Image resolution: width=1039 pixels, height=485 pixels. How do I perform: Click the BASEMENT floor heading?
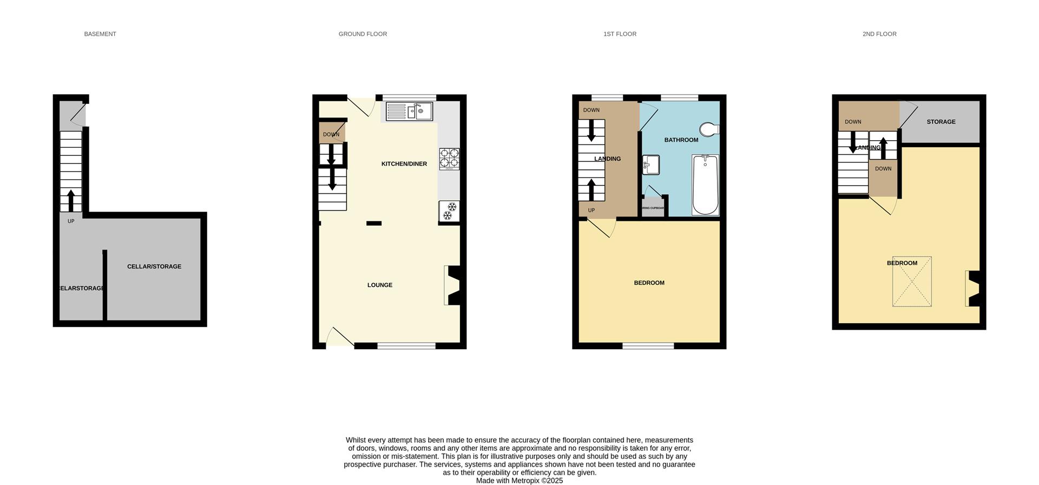coord(100,34)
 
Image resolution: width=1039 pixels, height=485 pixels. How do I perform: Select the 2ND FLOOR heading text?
coord(879,34)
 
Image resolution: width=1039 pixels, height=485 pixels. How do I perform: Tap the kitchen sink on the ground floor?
coord(410,112)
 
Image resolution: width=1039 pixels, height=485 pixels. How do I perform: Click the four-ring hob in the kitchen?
coord(449,159)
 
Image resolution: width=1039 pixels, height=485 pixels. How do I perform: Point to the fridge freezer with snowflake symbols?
coord(449,211)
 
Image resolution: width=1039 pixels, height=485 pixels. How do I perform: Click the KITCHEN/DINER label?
coord(404,164)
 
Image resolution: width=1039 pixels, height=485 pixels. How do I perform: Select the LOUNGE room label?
coord(380,285)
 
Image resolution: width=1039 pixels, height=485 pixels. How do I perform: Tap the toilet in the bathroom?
coord(709,129)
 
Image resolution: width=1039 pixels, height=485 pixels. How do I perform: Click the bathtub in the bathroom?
coord(705,185)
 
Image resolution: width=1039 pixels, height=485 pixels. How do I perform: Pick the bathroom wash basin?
coord(651,165)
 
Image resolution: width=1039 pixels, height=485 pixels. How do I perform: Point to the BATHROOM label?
coord(681,140)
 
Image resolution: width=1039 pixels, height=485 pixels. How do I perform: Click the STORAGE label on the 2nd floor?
coord(941,122)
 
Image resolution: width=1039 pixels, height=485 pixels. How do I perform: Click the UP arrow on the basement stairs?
coord(71,200)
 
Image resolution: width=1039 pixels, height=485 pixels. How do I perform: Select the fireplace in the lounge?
coord(452,285)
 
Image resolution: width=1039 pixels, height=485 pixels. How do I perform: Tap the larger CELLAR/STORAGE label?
coord(154,267)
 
